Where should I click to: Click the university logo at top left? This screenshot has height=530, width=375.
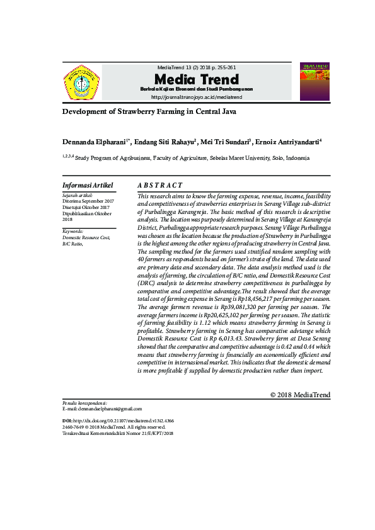[x=81, y=82]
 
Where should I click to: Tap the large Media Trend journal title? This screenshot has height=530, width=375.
[x=197, y=79]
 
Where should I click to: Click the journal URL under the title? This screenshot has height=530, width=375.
[x=197, y=98]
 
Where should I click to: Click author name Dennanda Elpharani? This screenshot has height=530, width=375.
[x=95, y=142]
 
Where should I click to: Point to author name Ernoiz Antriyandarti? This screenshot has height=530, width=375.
[x=288, y=142]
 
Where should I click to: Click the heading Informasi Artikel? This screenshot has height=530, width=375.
[x=88, y=186]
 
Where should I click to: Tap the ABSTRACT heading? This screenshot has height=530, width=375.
[x=160, y=186]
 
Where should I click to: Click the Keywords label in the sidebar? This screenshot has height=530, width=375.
[x=73, y=231]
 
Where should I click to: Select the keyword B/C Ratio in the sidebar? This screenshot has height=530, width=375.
[x=72, y=244]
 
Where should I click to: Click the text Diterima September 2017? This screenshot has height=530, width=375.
[x=88, y=201]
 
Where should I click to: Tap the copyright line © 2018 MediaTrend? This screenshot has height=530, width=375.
[x=300, y=395]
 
